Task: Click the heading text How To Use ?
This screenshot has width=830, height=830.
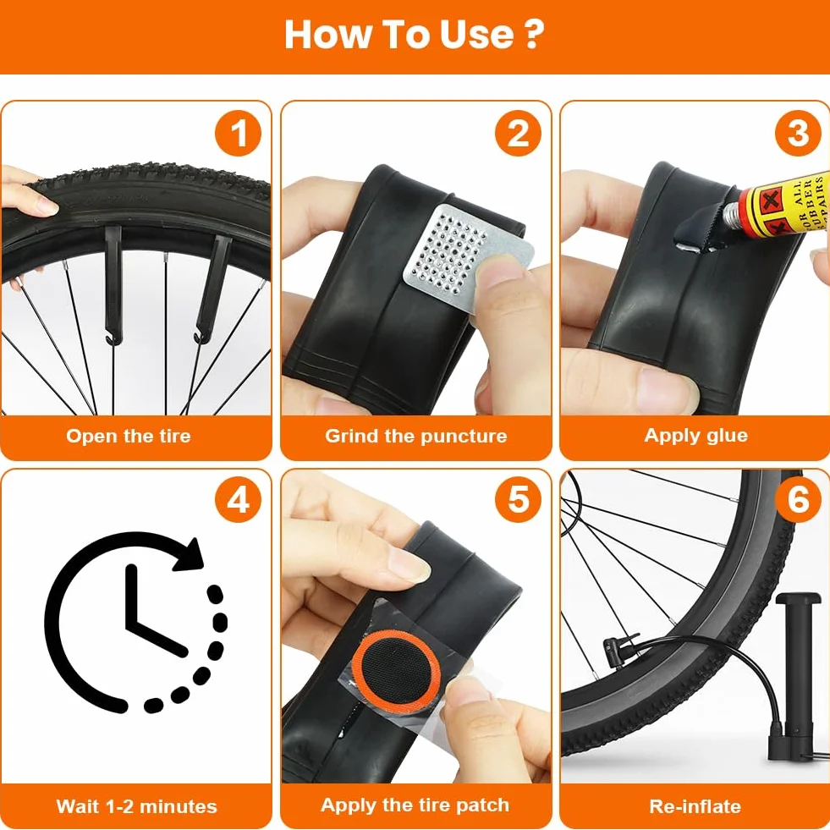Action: pyautogui.click(x=414, y=35)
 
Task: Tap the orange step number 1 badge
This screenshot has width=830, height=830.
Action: pyautogui.click(x=239, y=133)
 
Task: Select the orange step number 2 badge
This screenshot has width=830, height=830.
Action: pyautogui.click(x=518, y=133)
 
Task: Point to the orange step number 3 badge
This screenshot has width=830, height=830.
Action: pyautogui.click(x=798, y=133)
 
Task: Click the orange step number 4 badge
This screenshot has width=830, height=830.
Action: pyautogui.click(x=239, y=500)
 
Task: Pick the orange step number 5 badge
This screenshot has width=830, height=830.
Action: pyautogui.click(x=518, y=500)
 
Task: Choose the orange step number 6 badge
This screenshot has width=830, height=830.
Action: pyautogui.click(x=798, y=500)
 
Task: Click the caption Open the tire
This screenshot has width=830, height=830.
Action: pyautogui.click(x=128, y=437)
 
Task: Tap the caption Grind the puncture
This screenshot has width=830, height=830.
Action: pyautogui.click(x=416, y=437)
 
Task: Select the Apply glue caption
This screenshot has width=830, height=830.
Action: pyautogui.click(x=696, y=437)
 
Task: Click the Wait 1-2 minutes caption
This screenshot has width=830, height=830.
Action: pyautogui.click(x=136, y=806)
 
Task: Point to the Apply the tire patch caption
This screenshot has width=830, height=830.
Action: pyautogui.click(x=415, y=805)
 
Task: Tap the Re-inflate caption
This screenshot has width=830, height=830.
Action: pyautogui.click(x=695, y=806)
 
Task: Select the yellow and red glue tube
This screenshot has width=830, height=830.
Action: pyautogui.click(x=776, y=207)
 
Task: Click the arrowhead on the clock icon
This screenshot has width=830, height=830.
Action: pyautogui.click(x=190, y=556)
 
